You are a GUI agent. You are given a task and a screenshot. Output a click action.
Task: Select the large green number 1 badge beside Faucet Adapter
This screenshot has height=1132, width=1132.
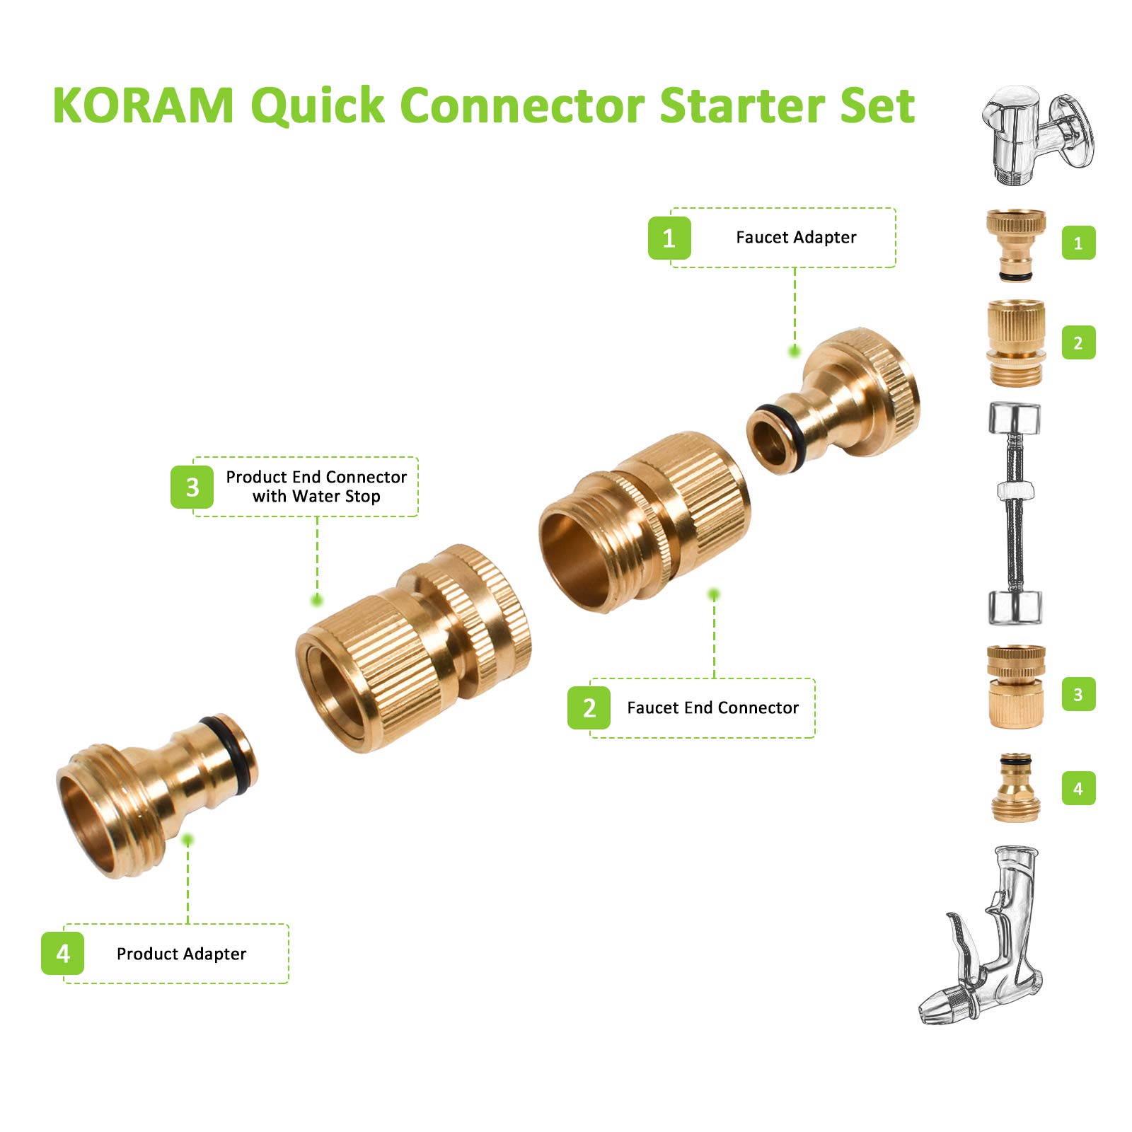pyautogui.click(x=669, y=238)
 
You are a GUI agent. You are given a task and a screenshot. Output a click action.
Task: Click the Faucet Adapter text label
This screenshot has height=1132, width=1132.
pyautogui.click(x=796, y=237)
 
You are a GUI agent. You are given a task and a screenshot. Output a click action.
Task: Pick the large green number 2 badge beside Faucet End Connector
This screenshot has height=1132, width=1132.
pyautogui.click(x=589, y=707)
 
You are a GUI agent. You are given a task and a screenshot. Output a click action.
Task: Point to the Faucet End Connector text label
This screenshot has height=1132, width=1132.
pyautogui.click(x=712, y=707)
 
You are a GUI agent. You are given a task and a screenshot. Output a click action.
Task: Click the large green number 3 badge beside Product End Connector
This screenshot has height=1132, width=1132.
pyautogui.click(x=192, y=487)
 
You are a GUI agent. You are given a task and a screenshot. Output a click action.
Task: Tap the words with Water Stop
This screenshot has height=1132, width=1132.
pyautogui.click(x=316, y=496)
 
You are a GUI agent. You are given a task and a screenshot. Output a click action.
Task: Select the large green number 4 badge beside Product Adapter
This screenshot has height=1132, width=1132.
pyautogui.click(x=62, y=954)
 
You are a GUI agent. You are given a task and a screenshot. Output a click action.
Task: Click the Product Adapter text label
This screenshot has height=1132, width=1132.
pyautogui.click(x=181, y=954)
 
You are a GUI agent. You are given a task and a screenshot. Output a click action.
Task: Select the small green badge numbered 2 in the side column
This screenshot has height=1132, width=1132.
pyautogui.click(x=1078, y=343)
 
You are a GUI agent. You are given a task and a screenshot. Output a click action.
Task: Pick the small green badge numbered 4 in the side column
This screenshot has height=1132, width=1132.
pyautogui.click(x=1078, y=788)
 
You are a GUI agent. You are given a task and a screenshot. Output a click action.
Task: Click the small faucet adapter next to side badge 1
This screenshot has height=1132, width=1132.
pyautogui.click(x=1016, y=244)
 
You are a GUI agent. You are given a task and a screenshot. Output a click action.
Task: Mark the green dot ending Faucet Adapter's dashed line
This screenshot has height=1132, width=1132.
pyautogui.click(x=795, y=350)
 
